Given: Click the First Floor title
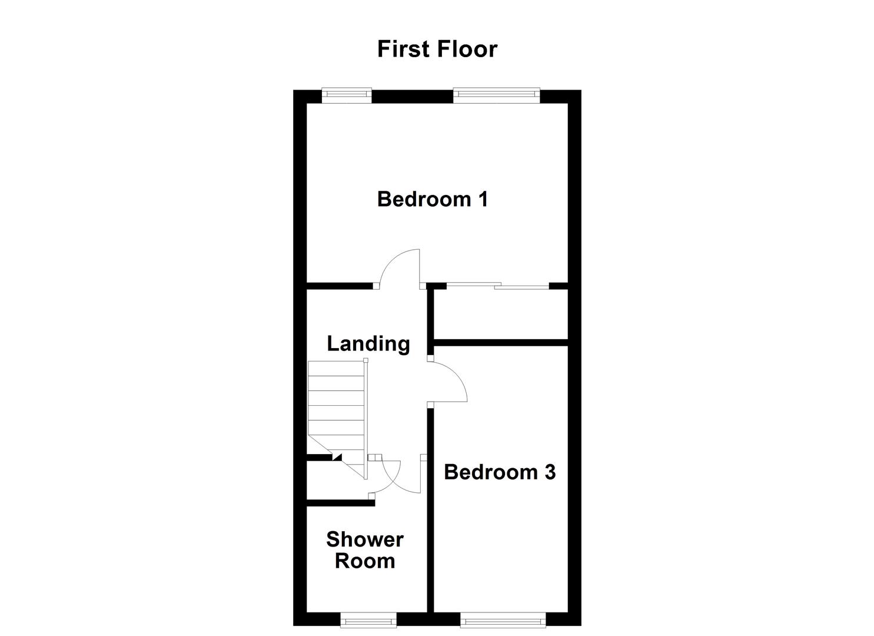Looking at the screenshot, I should point(437,49).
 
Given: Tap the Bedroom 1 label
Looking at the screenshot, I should point(432,199).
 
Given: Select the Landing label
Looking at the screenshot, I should point(368,343).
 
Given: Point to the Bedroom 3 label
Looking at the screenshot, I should point(499,472).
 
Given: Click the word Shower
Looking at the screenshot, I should point(364,539).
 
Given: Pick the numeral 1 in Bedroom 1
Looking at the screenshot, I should point(483,199).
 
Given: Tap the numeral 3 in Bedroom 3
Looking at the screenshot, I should point(549,472).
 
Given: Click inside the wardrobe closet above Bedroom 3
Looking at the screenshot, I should point(500,313).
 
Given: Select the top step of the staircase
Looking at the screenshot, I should point(336,369).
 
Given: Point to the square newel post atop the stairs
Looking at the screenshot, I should point(365,360).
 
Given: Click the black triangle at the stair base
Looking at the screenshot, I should point(337,456).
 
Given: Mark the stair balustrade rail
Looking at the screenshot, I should point(365,418).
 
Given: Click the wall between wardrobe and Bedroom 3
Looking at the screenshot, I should point(500,342).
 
